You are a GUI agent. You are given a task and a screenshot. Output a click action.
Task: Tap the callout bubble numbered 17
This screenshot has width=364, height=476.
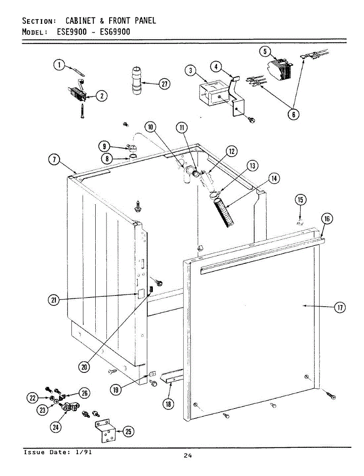(339, 307)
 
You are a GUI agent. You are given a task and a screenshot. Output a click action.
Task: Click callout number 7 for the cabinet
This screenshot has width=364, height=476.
(54, 160)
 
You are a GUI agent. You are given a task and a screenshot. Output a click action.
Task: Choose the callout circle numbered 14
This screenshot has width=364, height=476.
(273, 179)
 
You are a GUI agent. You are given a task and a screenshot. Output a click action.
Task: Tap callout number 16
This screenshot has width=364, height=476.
(326, 219)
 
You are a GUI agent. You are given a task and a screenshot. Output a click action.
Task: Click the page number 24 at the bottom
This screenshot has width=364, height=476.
(188, 456)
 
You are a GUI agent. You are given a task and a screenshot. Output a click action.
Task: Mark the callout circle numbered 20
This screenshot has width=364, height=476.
(84, 367)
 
